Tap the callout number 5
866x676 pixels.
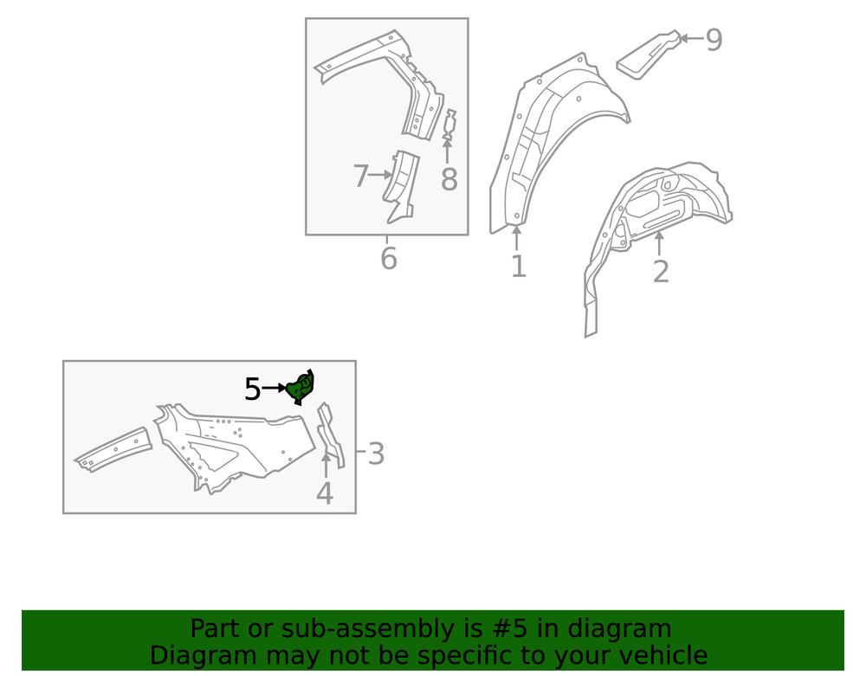(x=252, y=390)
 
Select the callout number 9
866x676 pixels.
(x=714, y=40)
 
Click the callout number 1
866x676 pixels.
(x=518, y=266)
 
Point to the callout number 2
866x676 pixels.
(x=661, y=271)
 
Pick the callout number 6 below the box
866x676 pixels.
(x=389, y=257)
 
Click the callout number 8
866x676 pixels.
(x=449, y=180)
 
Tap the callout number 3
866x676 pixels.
(x=376, y=454)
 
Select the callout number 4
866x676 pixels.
(x=325, y=493)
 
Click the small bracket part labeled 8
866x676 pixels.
(x=449, y=125)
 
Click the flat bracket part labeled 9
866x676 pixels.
(x=646, y=54)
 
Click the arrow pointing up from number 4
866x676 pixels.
(x=325, y=466)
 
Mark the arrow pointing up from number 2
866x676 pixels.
(x=659, y=243)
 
